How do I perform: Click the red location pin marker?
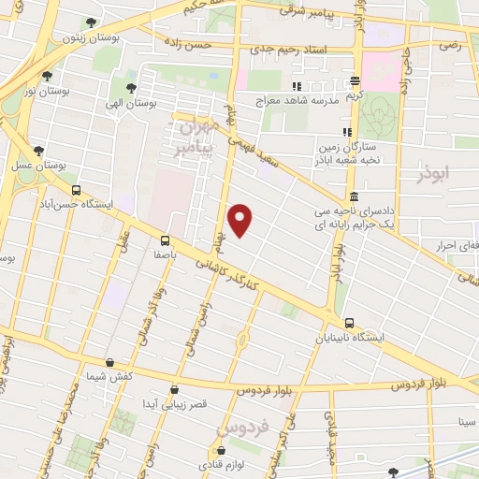[x=241, y=219]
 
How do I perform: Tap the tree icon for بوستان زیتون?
[x=90, y=22]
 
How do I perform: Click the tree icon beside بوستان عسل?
[x=38, y=150]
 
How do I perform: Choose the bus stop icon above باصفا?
[x=167, y=239]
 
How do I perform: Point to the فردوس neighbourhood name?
[x=242, y=428]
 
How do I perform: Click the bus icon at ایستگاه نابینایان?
[x=350, y=324]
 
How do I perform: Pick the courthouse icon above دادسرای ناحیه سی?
[x=354, y=197]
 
